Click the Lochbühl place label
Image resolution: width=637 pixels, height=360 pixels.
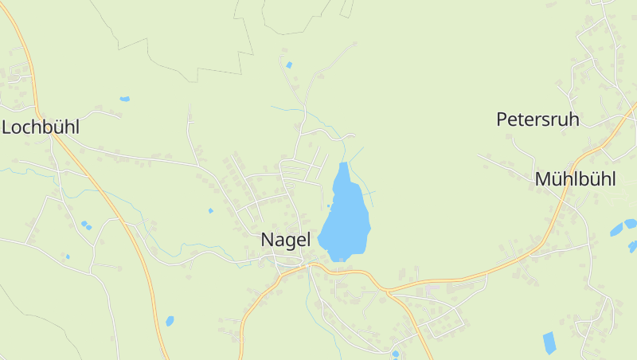[x=41, y=127]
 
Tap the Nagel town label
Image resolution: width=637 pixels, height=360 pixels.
[x=285, y=240]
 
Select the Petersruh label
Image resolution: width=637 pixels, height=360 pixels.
[x=537, y=119]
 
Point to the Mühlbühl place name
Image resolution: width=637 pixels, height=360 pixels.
[x=575, y=179]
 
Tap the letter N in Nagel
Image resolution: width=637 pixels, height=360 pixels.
[x=268, y=240]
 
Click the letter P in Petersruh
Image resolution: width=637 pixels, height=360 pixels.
[x=502, y=119]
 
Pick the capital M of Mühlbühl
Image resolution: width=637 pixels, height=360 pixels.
[x=542, y=179]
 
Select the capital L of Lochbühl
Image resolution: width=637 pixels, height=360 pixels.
[x=6, y=127]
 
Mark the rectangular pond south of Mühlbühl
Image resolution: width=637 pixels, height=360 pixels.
[x=549, y=343]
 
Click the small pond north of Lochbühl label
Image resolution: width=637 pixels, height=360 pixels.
[x=124, y=99]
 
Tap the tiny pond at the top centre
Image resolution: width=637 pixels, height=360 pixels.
[x=289, y=65]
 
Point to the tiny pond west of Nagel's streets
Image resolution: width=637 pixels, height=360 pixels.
[x=210, y=211]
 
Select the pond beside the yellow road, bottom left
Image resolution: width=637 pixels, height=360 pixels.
[x=170, y=321]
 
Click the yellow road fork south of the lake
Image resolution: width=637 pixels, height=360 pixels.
[x=388, y=291]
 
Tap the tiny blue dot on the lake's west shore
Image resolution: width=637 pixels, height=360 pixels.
[x=328, y=205]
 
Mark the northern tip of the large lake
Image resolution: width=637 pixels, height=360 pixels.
[x=343, y=165]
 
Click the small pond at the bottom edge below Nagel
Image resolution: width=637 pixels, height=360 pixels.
[x=395, y=354]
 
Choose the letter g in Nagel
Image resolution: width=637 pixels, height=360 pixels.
[x=291, y=241]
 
